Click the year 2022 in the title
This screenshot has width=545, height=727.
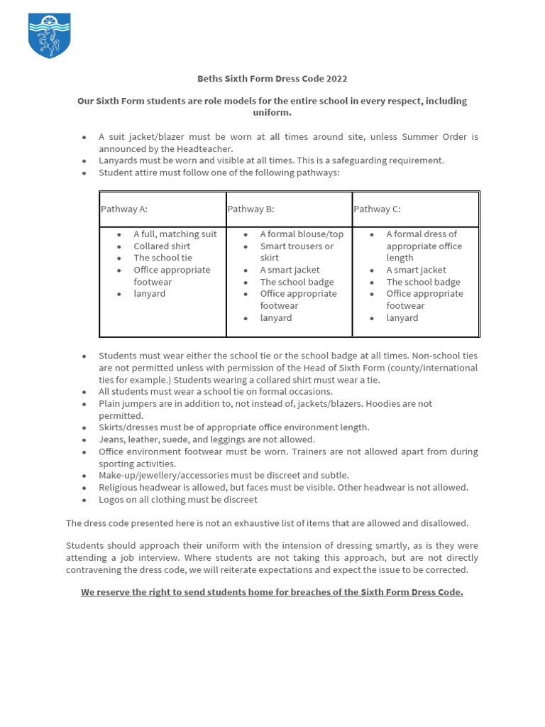pos(336,78)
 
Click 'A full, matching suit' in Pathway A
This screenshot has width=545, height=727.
pos(175,234)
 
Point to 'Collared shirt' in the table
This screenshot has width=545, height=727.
pos(163,246)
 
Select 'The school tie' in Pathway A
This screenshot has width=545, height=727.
pos(163,258)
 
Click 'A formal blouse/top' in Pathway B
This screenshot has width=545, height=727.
pos(302,234)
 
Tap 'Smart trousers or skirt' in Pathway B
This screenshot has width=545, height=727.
pos(297,246)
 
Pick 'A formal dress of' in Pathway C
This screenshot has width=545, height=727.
pos(422,234)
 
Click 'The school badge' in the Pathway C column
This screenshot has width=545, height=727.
pos(423,282)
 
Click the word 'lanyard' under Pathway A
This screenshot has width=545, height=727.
pos(149,294)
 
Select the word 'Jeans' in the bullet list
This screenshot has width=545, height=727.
pos(111,439)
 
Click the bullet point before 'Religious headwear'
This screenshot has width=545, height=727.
pos(84,488)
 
